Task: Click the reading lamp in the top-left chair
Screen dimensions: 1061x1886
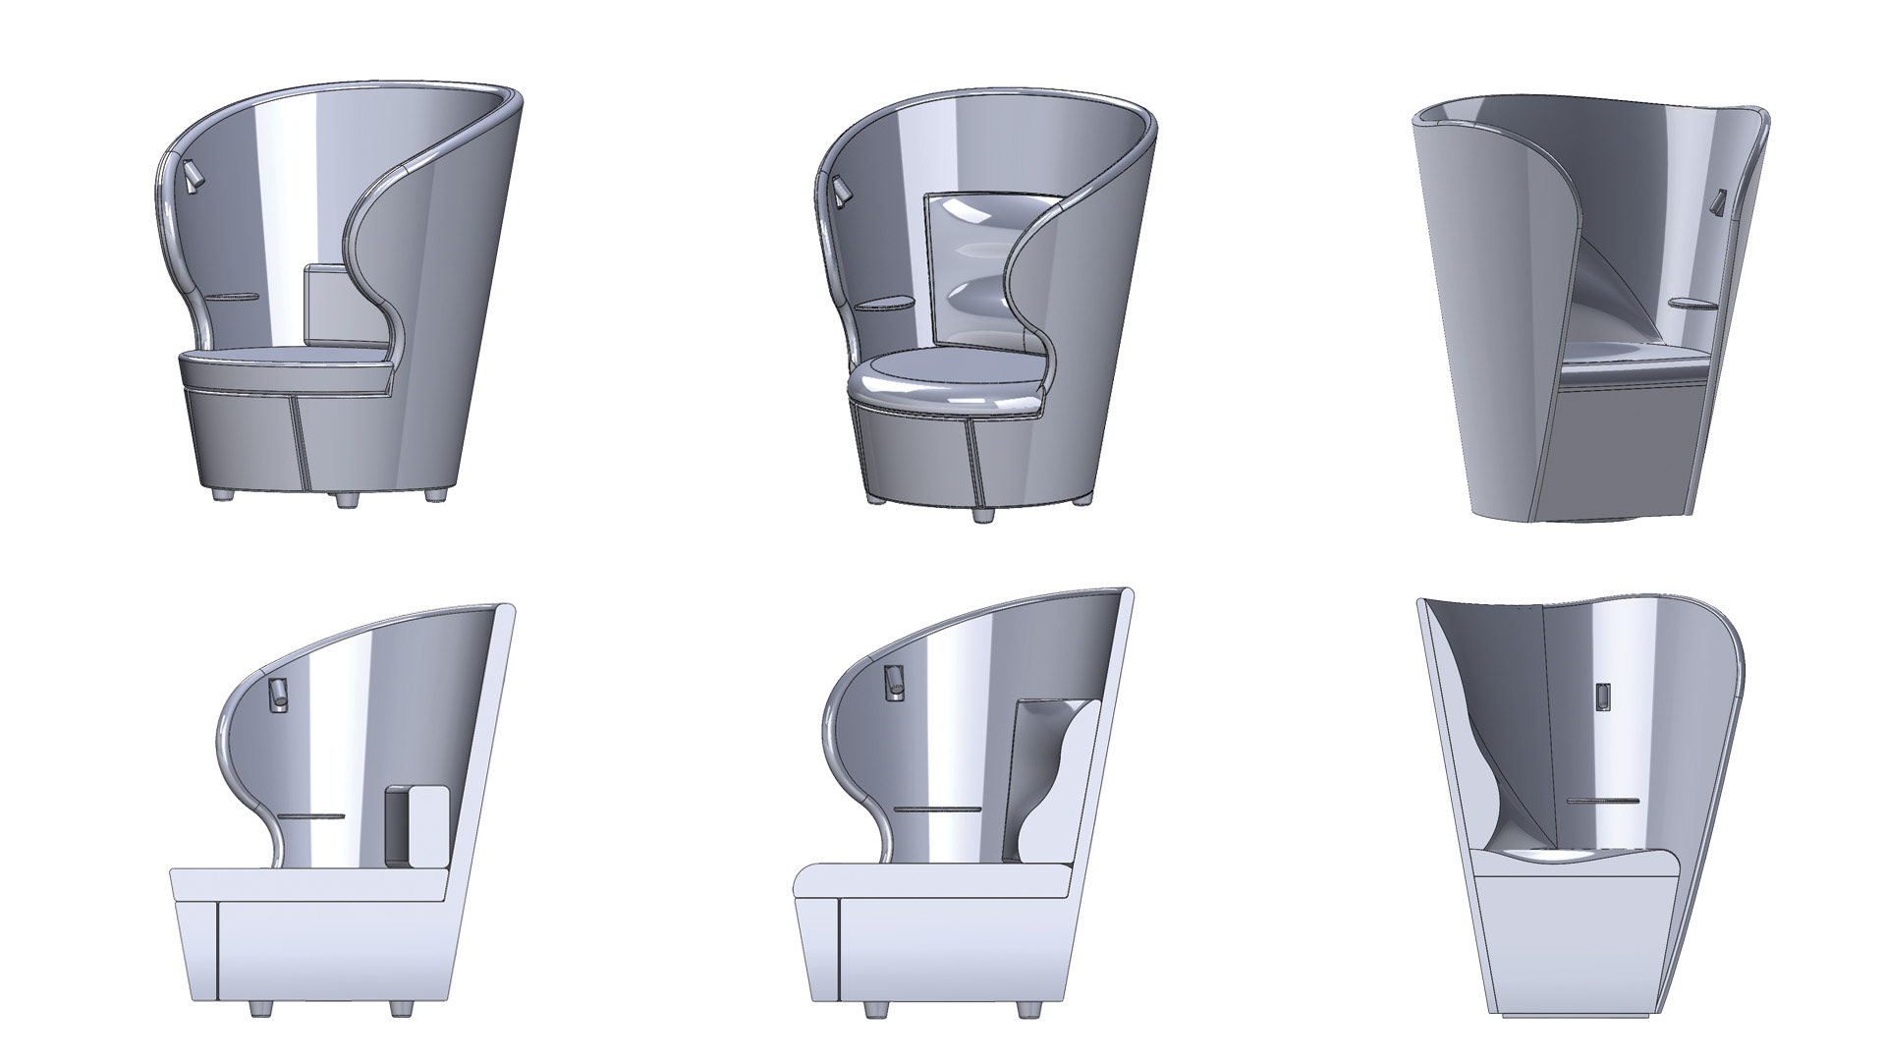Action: (193, 177)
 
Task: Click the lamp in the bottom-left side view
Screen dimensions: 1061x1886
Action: (276, 694)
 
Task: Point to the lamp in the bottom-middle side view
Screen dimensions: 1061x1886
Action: (894, 682)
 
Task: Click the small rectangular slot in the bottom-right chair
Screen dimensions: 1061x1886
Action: (1602, 696)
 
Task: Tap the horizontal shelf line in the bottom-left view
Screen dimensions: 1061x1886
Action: (312, 815)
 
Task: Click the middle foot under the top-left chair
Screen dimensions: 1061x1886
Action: (346, 500)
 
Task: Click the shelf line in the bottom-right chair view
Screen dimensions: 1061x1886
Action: (1602, 802)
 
